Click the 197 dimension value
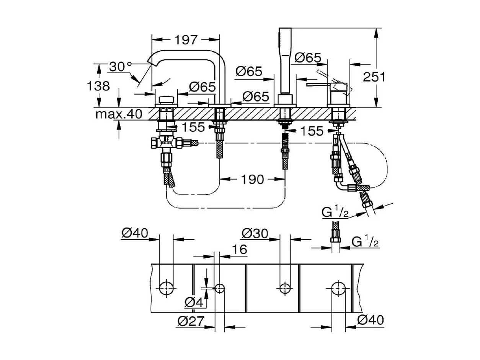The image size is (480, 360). (186, 39)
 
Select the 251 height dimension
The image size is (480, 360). (374, 77)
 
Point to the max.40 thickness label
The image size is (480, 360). (119, 114)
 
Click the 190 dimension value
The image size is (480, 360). (253, 179)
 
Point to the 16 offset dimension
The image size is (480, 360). (239, 249)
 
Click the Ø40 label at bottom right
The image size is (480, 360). (370, 320)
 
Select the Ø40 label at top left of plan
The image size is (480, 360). (134, 233)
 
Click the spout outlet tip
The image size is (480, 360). (150, 61)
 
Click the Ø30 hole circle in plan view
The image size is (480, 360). (284, 288)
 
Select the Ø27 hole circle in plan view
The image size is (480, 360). (220, 288)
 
